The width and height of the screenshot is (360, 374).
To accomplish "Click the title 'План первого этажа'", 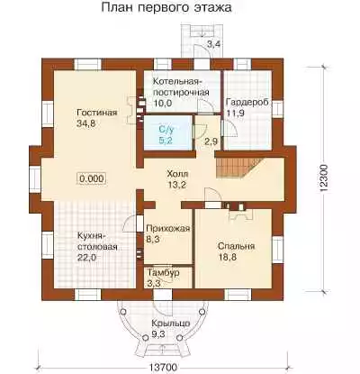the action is click(x=166, y=8).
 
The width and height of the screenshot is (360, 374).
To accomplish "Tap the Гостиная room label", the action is click(x=97, y=113).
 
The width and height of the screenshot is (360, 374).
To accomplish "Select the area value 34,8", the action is click(x=85, y=123).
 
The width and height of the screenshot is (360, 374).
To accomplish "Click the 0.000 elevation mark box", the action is click(x=92, y=178).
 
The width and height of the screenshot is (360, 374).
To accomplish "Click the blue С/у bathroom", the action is click(x=167, y=132).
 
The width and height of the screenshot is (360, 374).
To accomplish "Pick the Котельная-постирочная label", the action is click(x=181, y=87).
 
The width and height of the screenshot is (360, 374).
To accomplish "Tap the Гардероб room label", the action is click(x=247, y=102).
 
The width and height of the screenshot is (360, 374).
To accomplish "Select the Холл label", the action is click(x=177, y=174).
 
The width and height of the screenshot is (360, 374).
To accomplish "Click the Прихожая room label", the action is click(x=168, y=229).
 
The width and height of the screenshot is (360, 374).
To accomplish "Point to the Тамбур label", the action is click(x=164, y=273).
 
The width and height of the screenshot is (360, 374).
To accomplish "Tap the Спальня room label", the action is click(x=237, y=247).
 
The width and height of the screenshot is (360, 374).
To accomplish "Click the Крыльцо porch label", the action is click(x=170, y=324).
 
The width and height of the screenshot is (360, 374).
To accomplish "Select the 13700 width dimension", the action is click(x=162, y=367).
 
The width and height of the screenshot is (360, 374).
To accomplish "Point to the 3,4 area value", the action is click(x=214, y=44).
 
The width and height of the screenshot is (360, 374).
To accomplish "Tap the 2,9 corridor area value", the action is click(x=211, y=141).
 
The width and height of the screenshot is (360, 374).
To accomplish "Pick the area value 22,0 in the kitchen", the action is click(x=87, y=258).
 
